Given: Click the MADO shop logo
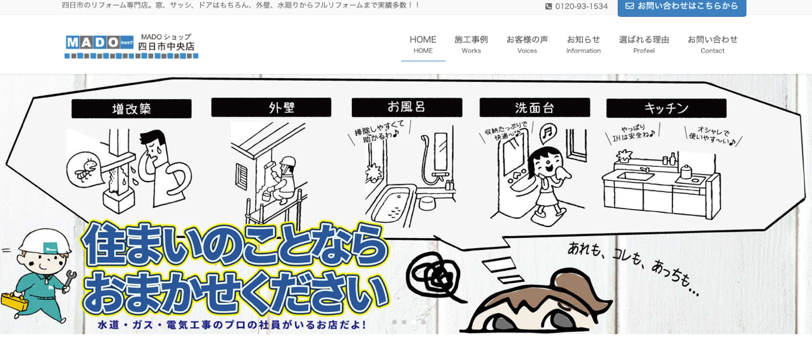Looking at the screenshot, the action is [x=131, y=46].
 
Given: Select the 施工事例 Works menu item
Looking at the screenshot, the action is [x=471, y=44].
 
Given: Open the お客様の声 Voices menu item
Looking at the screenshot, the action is [x=527, y=44].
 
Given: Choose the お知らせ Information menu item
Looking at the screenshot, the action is [x=583, y=44].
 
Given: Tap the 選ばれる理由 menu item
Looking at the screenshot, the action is [x=644, y=44].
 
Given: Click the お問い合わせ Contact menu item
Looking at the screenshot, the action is [x=712, y=44].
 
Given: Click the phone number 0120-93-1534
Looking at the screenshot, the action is [x=577, y=6].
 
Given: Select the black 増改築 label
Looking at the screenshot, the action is [x=131, y=108].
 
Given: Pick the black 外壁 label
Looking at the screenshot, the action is [x=271, y=107].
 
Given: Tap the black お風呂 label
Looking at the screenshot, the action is [x=407, y=107].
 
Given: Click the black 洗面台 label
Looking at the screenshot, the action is [x=535, y=108].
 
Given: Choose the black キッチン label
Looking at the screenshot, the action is [x=666, y=108].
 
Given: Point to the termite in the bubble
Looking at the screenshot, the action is [x=86, y=170].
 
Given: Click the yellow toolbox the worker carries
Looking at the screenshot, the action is [x=14, y=301].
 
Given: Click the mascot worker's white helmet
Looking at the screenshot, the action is [x=45, y=240].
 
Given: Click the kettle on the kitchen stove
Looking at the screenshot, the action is [x=686, y=172].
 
